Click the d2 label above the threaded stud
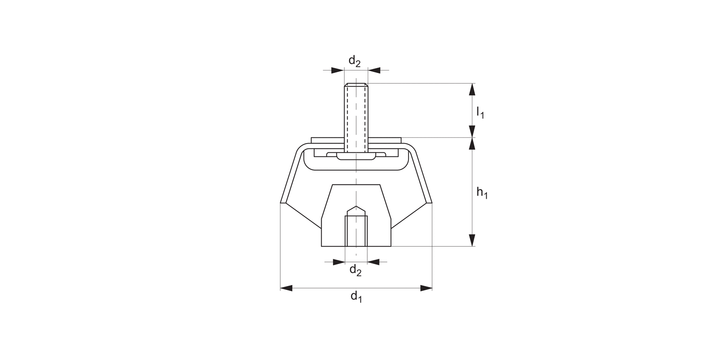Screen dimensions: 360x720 pyautogui.click(x=354, y=61)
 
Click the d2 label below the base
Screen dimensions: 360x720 pyautogui.click(x=355, y=271)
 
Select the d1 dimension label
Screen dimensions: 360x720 pyautogui.click(x=356, y=297)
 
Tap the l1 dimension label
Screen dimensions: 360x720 pyautogui.click(x=480, y=112)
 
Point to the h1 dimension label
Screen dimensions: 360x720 pyautogui.click(x=481, y=193)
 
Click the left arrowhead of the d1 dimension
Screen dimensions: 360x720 pyautogui.click(x=287, y=288)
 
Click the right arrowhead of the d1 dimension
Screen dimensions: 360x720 pyautogui.click(x=426, y=288)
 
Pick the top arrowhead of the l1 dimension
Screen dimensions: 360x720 pyautogui.click(x=472, y=89)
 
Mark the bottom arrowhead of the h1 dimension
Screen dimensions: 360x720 pyautogui.click(x=472, y=240)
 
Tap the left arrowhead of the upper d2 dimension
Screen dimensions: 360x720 pyautogui.click(x=338, y=71)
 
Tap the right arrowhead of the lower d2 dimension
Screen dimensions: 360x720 pyautogui.click(x=373, y=262)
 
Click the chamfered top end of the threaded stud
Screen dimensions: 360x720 pyautogui.click(x=356, y=85)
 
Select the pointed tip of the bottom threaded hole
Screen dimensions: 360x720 pyautogui.click(x=356, y=207)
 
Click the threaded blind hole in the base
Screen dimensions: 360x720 pyautogui.click(x=356, y=230)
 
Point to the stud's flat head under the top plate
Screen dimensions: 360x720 pyautogui.click(x=356, y=156)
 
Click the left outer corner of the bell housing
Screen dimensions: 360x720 pyautogui.click(x=281, y=203)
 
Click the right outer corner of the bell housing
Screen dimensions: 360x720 pyautogui.click(x=432, y=203)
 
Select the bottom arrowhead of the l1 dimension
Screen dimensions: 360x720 pyautogui.click(x=472, y=132)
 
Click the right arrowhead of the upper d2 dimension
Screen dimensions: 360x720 pyautogui.click(x=374, y=71)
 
